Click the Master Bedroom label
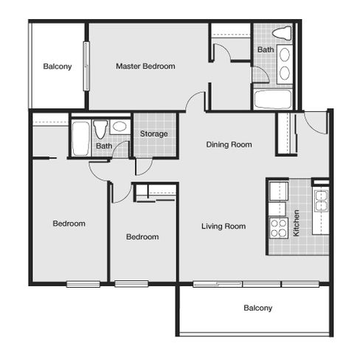click(145, 66)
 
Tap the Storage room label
click(154, 134)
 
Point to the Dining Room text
click(229, 145)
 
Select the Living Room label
click(224, 226)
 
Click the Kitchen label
click(297, 223)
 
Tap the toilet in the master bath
click(283, 33)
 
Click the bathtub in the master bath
click(273, 99)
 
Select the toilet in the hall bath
click(100, 129)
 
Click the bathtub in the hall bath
click(80, 139)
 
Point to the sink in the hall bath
click(120, 126)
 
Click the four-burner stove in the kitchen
click(279, 228)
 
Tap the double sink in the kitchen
click(321, 201)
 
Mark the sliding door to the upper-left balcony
click(86, 66)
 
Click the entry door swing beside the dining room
click(316, 122)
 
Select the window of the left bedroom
click(83, 284)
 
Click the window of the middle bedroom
click(131, 284)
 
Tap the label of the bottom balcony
click(258, 308)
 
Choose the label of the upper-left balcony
click(58, 66)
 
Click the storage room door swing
click(144, 166)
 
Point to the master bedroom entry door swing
click(195, 101)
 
